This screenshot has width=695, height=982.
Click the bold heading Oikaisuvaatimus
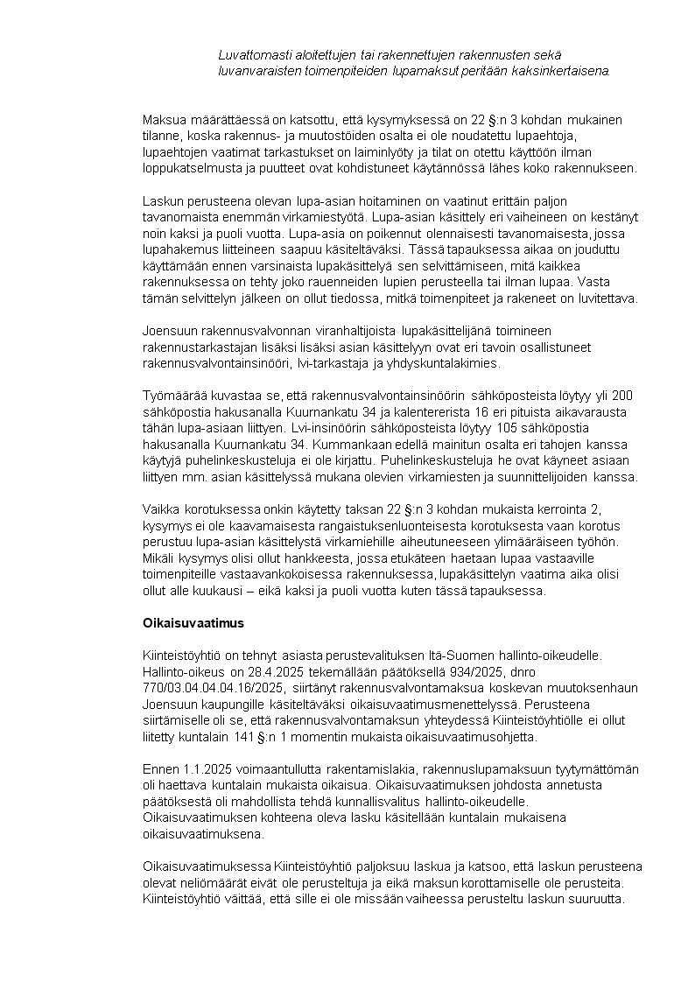tap(193, 624)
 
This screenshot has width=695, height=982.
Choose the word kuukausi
tap(208, 591)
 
